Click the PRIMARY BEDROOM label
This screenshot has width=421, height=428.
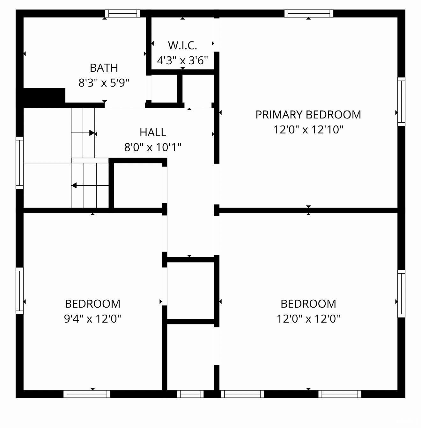tap(308, 115)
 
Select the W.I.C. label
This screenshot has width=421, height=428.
tap(182, 46)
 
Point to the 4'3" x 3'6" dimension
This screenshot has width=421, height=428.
tap(182, 60)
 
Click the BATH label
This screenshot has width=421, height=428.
tap(104, 68)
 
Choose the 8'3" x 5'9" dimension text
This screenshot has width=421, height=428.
tap(104, 83)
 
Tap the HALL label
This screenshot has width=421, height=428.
tap(153, 132)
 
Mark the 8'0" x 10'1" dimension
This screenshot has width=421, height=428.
tap(153, 147)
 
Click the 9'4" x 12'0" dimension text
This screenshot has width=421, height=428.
tap(92, 318)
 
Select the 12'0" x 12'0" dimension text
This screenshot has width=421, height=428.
tap(308, 318)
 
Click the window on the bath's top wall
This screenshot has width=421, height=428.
tap(123, 13)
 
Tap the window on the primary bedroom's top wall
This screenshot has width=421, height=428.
tap(308, 13)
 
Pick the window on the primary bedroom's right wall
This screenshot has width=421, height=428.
tap(401, 102)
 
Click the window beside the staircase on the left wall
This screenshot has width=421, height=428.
tap(19, 163)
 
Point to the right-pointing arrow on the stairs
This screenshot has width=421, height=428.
tap(92, 133)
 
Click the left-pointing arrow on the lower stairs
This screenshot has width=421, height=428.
tap(74, 185)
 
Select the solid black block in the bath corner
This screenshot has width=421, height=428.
tap(44, 96)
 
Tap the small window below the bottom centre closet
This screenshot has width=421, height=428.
tap(190, 394)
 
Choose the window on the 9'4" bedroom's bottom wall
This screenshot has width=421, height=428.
tap(87, 394)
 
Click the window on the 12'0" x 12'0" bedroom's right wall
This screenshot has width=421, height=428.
tap(401, 294)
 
